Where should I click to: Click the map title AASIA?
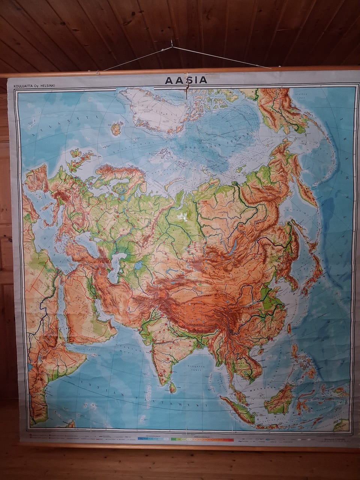point(186,80)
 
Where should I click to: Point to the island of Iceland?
point(116,128)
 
